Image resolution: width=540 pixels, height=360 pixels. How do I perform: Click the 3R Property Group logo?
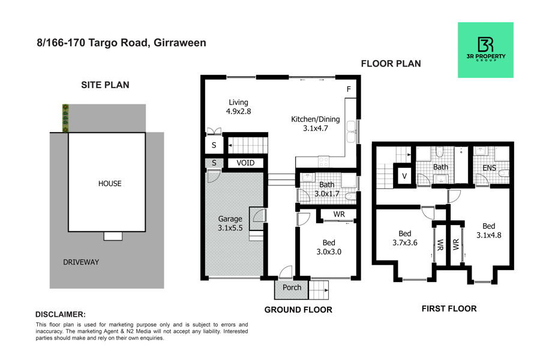click(485, 50)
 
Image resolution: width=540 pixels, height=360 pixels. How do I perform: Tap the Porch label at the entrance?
click(292, 287)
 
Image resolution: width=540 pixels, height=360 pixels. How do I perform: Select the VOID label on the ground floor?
click(245, 163)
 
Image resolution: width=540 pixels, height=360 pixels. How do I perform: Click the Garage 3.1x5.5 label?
click(230, 223)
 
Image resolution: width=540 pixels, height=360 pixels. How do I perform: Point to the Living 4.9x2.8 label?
click(238, 107)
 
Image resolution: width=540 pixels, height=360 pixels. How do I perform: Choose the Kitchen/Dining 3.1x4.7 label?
click(316, 124)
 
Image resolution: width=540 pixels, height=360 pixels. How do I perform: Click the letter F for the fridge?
click(349, 89)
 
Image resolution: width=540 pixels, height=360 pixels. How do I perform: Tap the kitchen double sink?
click(351, 131)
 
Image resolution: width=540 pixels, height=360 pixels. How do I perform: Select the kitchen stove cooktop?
click(323, 161)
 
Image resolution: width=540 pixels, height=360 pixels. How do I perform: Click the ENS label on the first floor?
click(489, 168)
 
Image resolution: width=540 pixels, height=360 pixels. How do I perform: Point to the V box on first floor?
click(404, 176)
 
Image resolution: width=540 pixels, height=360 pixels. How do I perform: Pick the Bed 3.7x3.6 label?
click(404, 238)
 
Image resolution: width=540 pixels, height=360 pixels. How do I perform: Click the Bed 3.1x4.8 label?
click(488, 230)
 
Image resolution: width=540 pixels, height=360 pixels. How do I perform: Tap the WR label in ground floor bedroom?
click(339, 214)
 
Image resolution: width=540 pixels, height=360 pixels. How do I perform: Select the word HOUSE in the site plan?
click(110, 184)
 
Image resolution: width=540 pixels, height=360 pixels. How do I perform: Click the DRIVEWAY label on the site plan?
click(81, 262)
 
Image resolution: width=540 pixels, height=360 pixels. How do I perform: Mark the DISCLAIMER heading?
click(61, 314)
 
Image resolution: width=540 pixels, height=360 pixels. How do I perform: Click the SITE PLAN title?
click(105, 85)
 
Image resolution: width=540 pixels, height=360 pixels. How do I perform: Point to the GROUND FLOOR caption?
click(298, 310)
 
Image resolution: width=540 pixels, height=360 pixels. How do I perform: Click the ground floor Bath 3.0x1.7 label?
click(327, 189)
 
